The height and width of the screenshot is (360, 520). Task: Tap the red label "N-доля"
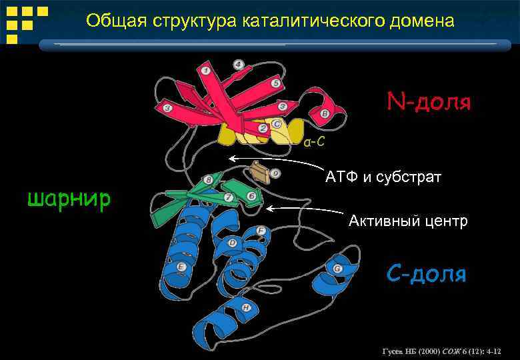(429, 102)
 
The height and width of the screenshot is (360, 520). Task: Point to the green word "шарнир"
(69, 198)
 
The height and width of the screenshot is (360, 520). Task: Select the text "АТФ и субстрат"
(383, 177)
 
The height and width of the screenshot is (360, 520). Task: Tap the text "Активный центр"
(408, 221)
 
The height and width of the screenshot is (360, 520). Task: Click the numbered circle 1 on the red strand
(206, 71)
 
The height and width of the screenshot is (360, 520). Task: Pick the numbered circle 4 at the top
(238, 65)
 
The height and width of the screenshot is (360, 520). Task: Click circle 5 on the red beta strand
(275, 83)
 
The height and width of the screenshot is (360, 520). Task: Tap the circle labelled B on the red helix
(325, 114)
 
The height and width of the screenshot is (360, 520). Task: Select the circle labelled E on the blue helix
(181, 267)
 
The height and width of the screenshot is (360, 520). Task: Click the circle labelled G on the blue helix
(337, 269)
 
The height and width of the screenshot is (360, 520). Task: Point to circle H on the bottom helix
(247, 307)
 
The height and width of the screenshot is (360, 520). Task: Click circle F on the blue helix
(261, 231)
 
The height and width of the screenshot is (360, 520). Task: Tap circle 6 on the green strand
(251, 196)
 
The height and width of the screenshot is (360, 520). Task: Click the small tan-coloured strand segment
(259, 175)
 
